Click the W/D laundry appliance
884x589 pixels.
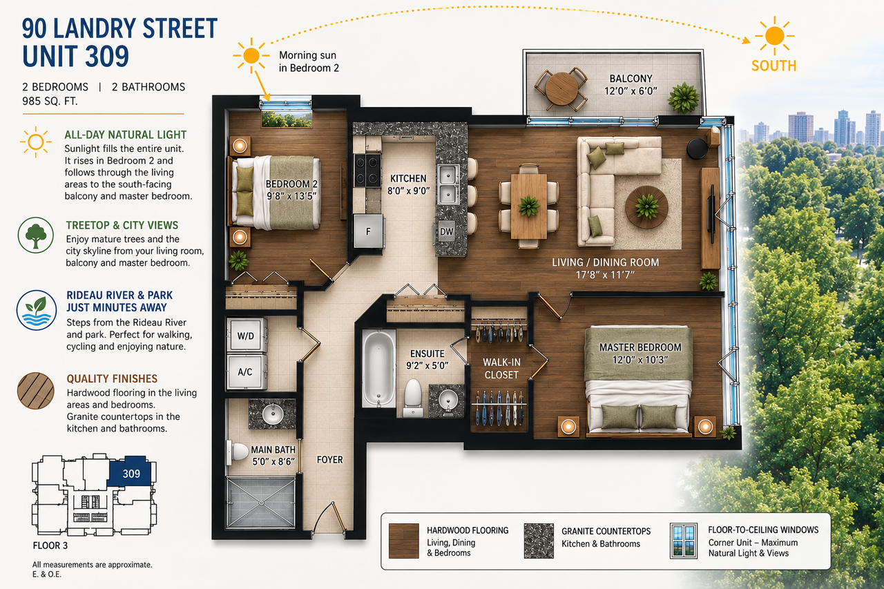click(246, 335)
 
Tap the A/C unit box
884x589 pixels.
click(246, 371)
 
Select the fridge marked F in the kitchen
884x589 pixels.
click(369, 231)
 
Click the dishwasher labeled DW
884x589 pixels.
click(446, 231)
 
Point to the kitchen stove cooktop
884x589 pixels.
click(367, 170)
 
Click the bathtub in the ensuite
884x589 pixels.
click(378, 368)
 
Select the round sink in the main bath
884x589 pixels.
click(273, 414)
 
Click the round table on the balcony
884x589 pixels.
click(561, 88)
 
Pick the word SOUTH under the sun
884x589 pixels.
click(773, 66)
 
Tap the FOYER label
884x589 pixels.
click(330, 460)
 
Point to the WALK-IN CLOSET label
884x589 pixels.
click(501, 369)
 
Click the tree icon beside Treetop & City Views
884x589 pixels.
click(35, 235)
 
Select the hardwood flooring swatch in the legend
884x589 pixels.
click(404, 541)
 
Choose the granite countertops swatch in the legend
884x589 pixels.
click(539, 541)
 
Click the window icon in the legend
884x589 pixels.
click(684, 541)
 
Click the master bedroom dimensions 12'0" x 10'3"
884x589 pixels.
click(640, 360)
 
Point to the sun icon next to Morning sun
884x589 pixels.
click(251, 56)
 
